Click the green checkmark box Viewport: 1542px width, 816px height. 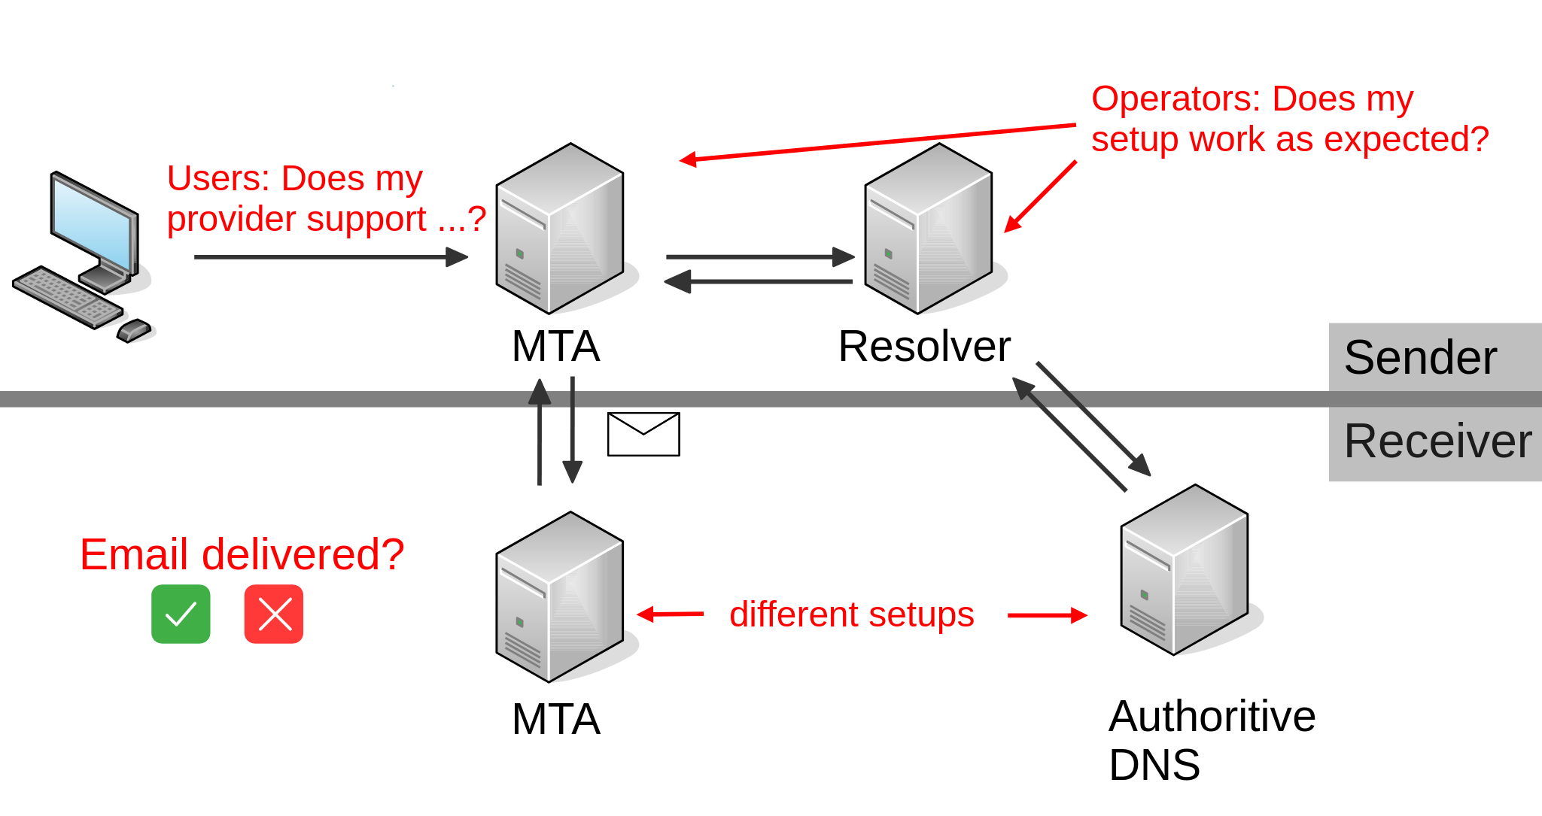181,614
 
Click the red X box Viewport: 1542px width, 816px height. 274,614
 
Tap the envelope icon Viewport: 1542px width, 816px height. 643,434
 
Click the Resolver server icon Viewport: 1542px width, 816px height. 929,229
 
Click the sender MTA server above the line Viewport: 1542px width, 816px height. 560,229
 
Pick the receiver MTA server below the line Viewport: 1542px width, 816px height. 560,597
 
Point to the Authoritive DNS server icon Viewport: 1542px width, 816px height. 1185,570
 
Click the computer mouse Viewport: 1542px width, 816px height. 134,329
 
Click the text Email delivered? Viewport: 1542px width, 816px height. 242,555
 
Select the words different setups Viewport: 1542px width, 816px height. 851,614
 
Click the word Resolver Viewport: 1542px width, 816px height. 923,347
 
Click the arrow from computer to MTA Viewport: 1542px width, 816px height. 331,257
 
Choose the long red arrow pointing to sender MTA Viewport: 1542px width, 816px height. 877,143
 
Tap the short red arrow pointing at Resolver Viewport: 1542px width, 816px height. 1041,196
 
